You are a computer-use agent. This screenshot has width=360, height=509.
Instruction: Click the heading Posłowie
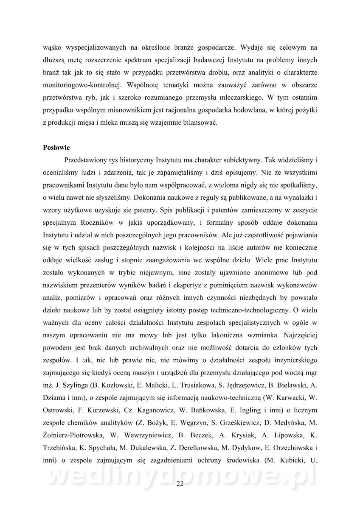point(56,148)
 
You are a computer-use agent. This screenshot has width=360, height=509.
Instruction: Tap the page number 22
point(180,484)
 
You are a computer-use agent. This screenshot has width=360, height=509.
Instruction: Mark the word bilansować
point(201,123)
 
